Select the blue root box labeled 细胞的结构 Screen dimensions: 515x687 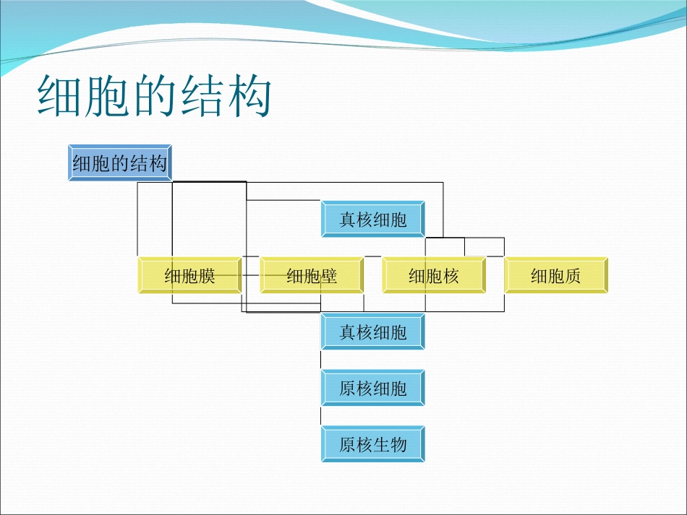pyautogui.click(x=121, y=163)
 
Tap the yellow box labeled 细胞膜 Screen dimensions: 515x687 pyautogui.click(x=189, y=275)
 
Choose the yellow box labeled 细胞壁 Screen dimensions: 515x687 pyautogui.click(x=312, y=275)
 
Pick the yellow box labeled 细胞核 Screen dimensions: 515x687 pyautogui.click(x=434, y=275)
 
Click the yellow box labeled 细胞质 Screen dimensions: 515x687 pyautogui.click(x=556, y=275)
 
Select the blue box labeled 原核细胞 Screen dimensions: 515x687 pyautogui.click(x=373, y=389)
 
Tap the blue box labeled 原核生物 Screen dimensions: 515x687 pyautogui.click(x=373, y=444)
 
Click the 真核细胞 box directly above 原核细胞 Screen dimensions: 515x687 pyautogui.click(x=373, y=332)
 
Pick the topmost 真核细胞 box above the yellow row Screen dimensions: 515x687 pyautogui.click(x=373, y=220)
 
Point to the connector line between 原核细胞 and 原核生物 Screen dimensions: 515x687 pyautogui.click(x=321, y=416)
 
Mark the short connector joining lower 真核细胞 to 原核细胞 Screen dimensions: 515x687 pyautogui.click(x=321, y=360)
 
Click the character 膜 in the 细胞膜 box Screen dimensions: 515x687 pyautogui.click(x=207, y=276)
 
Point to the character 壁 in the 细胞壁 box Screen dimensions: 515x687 pyautogui.click(x=329, y=276)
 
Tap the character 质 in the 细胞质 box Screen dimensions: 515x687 pyautogui.click(x=573, y=276)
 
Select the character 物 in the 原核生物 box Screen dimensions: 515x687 pyautogui.click(x=398, y=445)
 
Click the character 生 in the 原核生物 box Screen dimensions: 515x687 pyautogui.click(x=382, y=445)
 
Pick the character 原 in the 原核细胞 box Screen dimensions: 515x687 pyautogui.click(x=348, y=389)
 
